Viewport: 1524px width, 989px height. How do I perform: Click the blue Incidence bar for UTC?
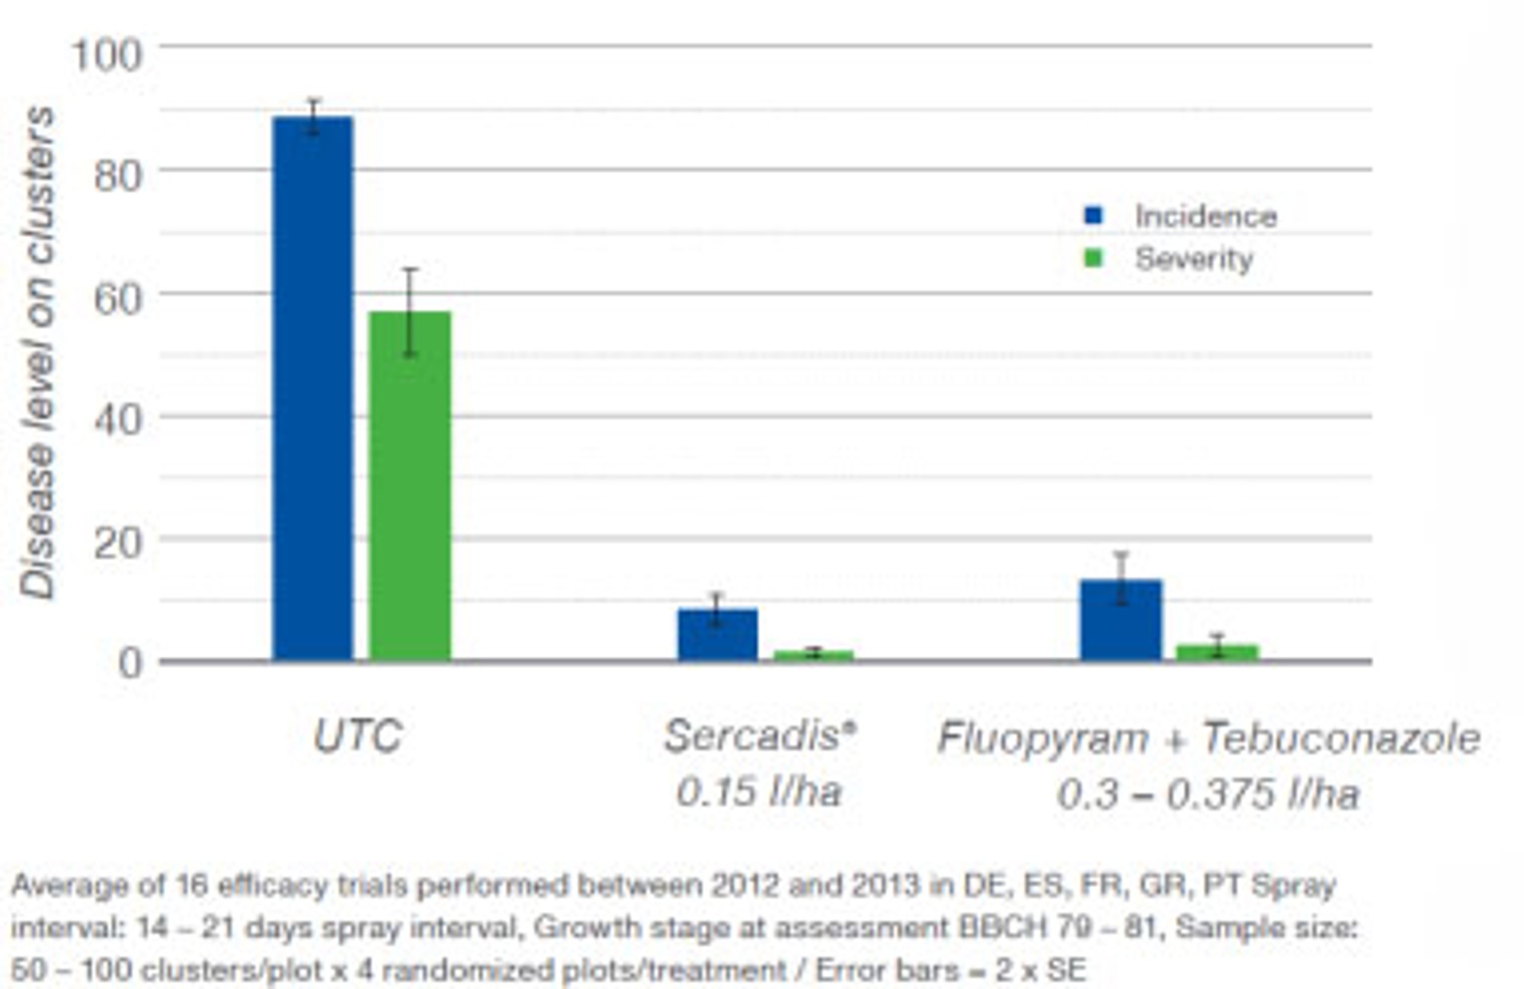[x=313, y=389]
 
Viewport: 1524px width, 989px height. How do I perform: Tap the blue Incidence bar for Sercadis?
[x=718, y=634]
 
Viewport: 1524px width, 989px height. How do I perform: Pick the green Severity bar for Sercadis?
[x=814, y=655]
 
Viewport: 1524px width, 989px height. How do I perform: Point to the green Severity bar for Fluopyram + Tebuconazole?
[x=1217, y=652]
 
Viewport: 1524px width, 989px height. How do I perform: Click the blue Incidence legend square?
[x=1093, y=216]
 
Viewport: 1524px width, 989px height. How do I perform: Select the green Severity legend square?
[x=1093, y=259]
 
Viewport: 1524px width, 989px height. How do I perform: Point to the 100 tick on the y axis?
[x=107, y=55]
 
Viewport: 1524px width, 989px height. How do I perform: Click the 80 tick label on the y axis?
[x=118, y=176]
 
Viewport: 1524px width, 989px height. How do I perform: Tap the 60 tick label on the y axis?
[x=118, y=299]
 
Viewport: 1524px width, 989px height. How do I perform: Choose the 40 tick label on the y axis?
[x=118, y=420]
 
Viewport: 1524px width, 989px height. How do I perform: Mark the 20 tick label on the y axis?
[x=118, y=543]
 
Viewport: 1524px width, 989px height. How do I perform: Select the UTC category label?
[x=357, y=737]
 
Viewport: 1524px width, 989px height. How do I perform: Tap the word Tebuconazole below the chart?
[x=1341, y=739]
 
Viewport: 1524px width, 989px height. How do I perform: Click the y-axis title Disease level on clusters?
[x=38, y=352]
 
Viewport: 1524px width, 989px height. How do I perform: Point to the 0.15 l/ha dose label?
[x=759, y=792]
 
